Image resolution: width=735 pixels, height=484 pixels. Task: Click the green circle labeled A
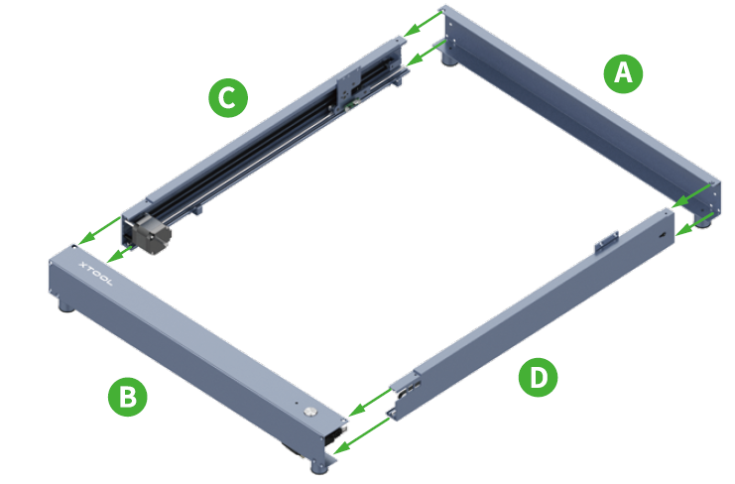click(x=622, y=72)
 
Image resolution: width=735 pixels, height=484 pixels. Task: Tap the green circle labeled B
click(x=127, y=397)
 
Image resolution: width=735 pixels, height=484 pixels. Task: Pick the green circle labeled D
click(x=538, y=377)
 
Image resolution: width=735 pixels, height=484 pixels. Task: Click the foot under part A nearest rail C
click(x=452, y=63)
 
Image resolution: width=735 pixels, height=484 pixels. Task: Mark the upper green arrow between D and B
click(x=369, y=402)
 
